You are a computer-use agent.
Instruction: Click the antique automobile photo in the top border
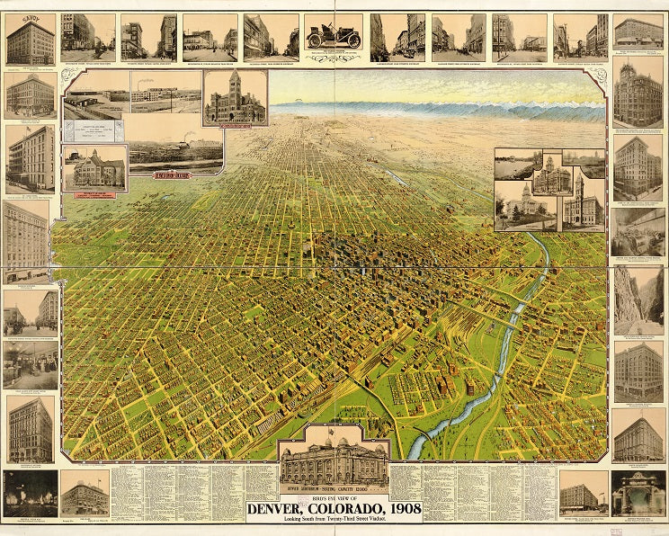click(333, 36)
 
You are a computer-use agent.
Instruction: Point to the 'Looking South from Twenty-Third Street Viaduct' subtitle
click(333, 525)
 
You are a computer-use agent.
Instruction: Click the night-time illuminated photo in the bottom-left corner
click(29, 493)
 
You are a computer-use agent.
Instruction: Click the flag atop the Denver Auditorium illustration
click(334, 428)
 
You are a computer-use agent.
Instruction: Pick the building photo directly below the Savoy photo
click(30, 95)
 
